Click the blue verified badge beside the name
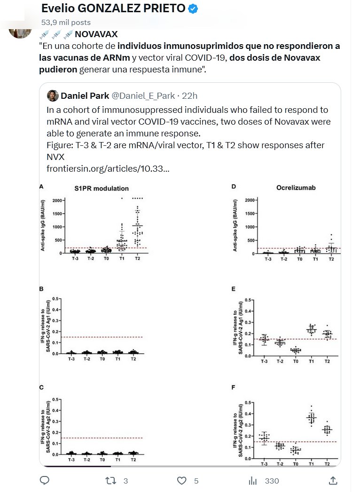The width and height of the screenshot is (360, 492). tap(193, 8)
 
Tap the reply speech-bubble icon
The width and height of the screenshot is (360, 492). tap(45, 480)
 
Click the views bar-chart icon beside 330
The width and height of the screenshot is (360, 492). tap(252, 480)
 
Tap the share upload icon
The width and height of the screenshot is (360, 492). tap(333, 480)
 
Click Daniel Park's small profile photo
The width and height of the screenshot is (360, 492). tap(52, 95)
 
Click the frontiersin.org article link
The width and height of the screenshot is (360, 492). tap(108, 168)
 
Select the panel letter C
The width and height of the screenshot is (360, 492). tap(41, 388)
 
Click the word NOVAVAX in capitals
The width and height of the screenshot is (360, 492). tap(96, 34)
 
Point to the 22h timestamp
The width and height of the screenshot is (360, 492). tap(189, 96)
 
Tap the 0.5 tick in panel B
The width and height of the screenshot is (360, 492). tap(56, 299)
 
